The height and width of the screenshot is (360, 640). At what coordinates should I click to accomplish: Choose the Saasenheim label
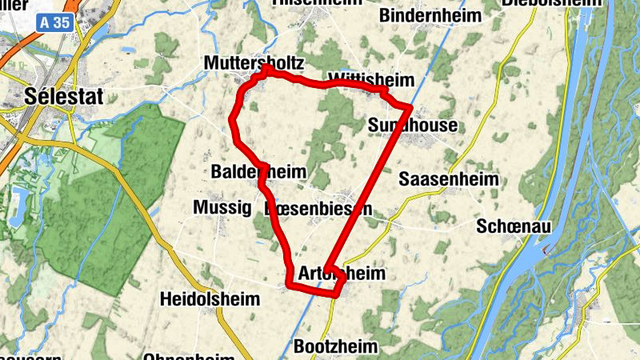tap(448, 178)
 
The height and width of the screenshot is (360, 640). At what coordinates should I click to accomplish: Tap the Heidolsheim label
tap(210, 300)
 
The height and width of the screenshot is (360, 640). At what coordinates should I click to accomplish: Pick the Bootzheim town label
tap(335, 347)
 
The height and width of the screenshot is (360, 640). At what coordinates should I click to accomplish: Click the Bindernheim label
tap(431, 16)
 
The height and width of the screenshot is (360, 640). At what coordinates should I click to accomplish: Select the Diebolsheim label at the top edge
tap(552, 3)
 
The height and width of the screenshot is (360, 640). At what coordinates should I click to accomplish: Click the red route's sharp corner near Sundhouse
tap(410, 106)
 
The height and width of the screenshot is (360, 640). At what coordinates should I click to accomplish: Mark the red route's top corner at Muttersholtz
tap(265, 69)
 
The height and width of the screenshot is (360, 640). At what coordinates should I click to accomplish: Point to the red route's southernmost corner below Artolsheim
tap(334, 294)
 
